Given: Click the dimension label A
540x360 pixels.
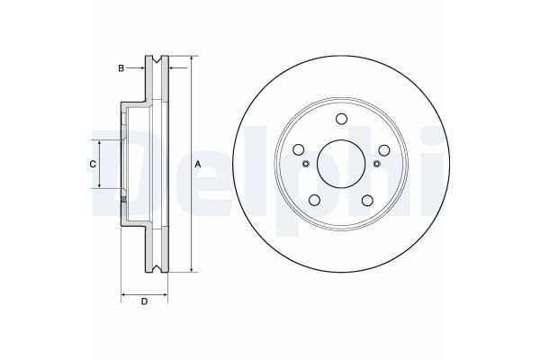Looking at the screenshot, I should (x=199, y=164).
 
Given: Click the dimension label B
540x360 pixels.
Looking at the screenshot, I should (x=120, y=67).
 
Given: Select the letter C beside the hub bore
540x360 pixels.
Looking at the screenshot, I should (x=92, y=164).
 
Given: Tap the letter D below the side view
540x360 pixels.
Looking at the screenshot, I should (x=144, y=301).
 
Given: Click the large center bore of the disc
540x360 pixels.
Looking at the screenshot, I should (x=340, y=163).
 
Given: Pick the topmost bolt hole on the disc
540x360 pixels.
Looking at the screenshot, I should (x=340, y=121).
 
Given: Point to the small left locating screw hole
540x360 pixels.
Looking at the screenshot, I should (x=306, y=163).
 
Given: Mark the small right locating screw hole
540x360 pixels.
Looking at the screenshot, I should (x=374, y=163).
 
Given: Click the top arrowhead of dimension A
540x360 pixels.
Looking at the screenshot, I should (x=192, y=59).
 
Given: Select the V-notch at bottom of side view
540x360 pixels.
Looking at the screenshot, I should (x=158, y=266).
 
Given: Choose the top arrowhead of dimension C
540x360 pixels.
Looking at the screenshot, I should (x=99, y=143).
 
